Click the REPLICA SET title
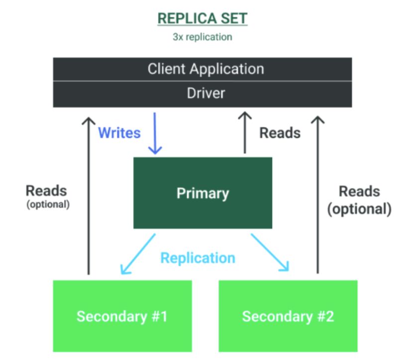202,19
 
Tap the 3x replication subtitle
202,37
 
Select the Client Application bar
203,69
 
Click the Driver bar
203,93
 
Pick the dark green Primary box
203,193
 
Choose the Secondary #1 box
122,316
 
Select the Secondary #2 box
288,316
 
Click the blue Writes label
119,133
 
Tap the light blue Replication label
198,258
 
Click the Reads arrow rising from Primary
244,133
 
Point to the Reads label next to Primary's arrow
280,133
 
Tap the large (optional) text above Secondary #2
359,209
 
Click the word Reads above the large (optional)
359,191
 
